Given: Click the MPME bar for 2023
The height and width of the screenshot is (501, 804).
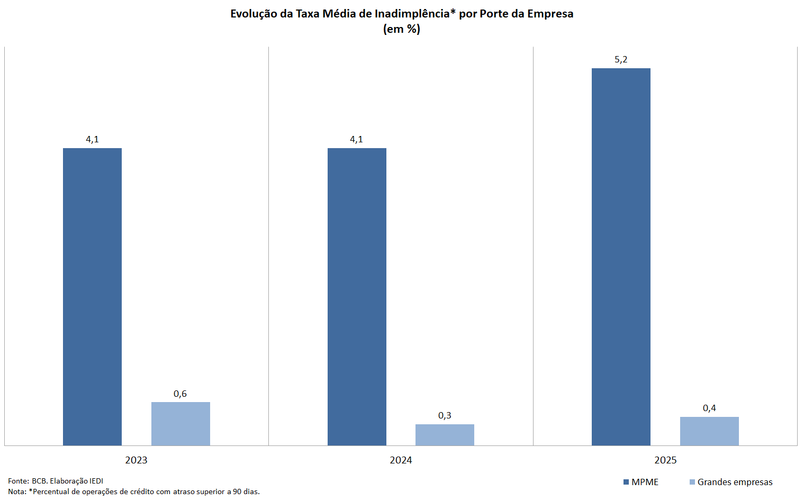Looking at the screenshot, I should tap(92, 296).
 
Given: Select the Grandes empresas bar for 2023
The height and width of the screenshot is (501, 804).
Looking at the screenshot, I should tap(180, 424).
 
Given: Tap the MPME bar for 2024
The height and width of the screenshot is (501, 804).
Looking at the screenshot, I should tap(357, 296).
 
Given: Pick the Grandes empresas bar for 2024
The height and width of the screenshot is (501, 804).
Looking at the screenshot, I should tap(445, 435).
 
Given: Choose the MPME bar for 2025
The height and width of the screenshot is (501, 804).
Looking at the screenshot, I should tap(621, 257).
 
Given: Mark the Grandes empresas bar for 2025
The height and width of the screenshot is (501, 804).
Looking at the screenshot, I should tap(709, 431).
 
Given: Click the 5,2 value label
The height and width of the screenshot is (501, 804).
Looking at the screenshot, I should tap(621, 59).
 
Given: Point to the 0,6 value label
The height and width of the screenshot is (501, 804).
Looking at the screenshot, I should tap(180, 394).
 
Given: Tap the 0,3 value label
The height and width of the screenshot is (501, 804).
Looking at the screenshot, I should tap(445, 415).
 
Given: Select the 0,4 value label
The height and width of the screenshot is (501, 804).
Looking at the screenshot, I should tap(709, 408).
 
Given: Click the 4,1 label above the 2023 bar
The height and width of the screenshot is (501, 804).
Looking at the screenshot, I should tap(92, 139).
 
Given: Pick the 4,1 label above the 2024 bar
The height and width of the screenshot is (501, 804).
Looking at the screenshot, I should tap(356, 139).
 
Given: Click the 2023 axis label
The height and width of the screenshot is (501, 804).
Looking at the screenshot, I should tap(136, 460).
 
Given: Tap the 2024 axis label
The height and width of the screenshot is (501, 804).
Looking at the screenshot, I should tap(401, 460).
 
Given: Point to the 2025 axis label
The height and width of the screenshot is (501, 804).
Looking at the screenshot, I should tap(665, 460).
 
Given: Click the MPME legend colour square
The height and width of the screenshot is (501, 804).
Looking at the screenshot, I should tap(626, 482).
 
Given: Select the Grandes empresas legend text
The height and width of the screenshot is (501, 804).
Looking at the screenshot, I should tap(735, 482).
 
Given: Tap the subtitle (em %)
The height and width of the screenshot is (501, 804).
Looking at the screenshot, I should tap(402, 29).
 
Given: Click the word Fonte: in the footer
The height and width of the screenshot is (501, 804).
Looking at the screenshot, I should tap(19, 481).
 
